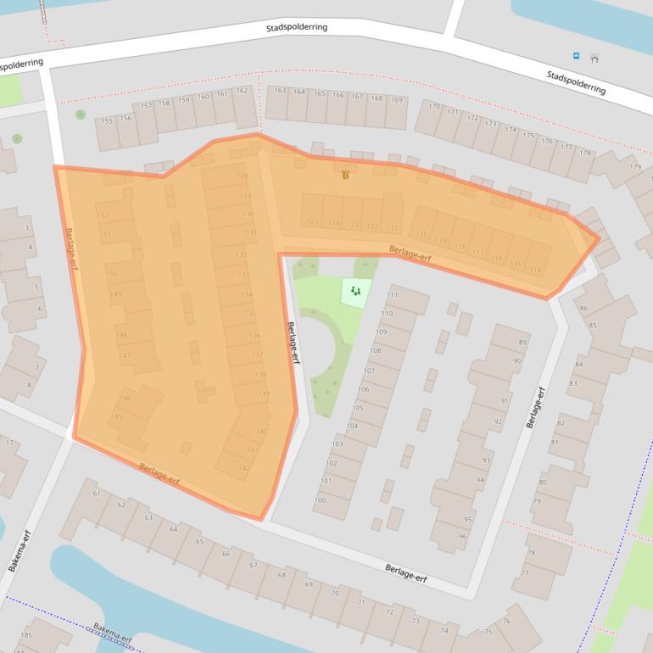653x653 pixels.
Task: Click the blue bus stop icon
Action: (x=577, y=56)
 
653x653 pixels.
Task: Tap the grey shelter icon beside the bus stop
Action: (x=594, y=58)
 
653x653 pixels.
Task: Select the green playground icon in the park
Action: (x=356, y=292)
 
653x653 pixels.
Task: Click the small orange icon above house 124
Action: (x=344, y=175)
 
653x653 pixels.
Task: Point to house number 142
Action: (x=244, y=467)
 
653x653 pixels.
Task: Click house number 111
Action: (x=392, y=295)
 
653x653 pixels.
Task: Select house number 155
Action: (x=107, y=121)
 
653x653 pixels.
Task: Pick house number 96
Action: (x=463, y=536)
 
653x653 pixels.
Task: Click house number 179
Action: (x=635, y=166)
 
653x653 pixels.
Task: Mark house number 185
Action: (x=26, y=634)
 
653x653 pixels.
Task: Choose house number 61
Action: (x=97, y=493)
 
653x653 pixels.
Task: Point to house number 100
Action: (x=320, y=500)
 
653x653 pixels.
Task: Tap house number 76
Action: (x=506, y=621)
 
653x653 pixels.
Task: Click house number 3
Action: (x=27, y=227)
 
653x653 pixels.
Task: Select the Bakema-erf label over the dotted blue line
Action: (x=113, y=633)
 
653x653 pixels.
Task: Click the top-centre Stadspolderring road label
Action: (x=296, y=27)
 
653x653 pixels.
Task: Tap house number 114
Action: (x=535, y=270)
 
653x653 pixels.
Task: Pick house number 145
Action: (x=116, y=416)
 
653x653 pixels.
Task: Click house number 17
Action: (x=9, y=443)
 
